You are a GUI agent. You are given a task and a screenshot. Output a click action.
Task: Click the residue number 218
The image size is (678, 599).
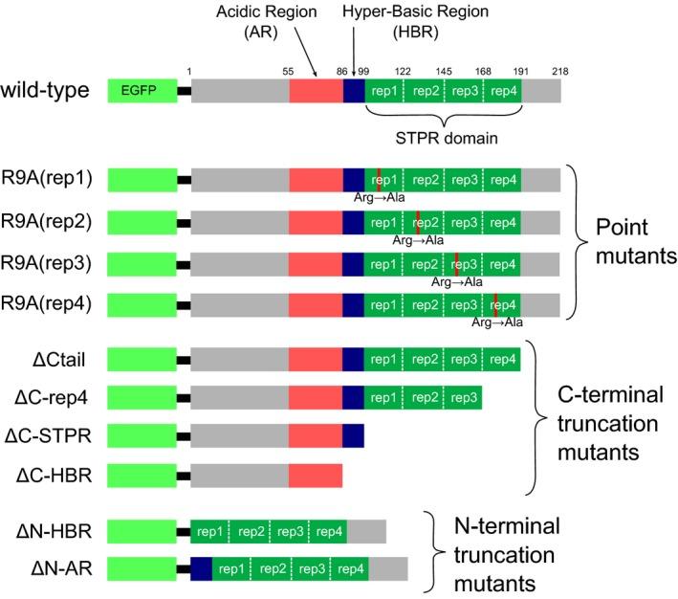(x=559, y=71)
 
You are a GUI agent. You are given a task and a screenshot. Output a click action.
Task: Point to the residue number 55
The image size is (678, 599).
(x=289, y=71)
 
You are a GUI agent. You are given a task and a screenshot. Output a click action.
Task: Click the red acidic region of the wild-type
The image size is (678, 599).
(x=316, y=91)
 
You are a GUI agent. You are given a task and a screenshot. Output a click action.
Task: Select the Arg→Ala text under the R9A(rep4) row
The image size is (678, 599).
(x=496, y=322)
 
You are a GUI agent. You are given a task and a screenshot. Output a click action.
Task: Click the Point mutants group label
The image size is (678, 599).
(x=623, y=242)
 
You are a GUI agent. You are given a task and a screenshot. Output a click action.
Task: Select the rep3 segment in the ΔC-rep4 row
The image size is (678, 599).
(x=463, y=396)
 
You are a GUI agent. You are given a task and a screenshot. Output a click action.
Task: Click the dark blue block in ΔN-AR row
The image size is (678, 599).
(x=201, y=568)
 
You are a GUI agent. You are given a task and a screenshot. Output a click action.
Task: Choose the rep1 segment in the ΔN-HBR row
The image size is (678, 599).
(x=211, y=530)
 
